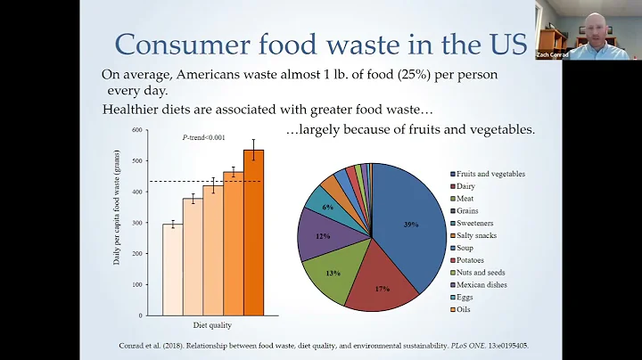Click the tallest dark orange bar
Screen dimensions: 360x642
click(254, 232)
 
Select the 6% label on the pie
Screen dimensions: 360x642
click(327, 207)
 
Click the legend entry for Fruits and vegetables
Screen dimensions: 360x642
click(491, 174)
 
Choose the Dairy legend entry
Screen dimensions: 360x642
click(469, 186)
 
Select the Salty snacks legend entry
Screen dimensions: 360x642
click(480, 236)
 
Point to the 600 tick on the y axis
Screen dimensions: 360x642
click(137, 130)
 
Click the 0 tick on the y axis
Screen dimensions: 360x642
click(141, 315)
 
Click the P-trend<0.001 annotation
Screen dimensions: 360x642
click(203, 136)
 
